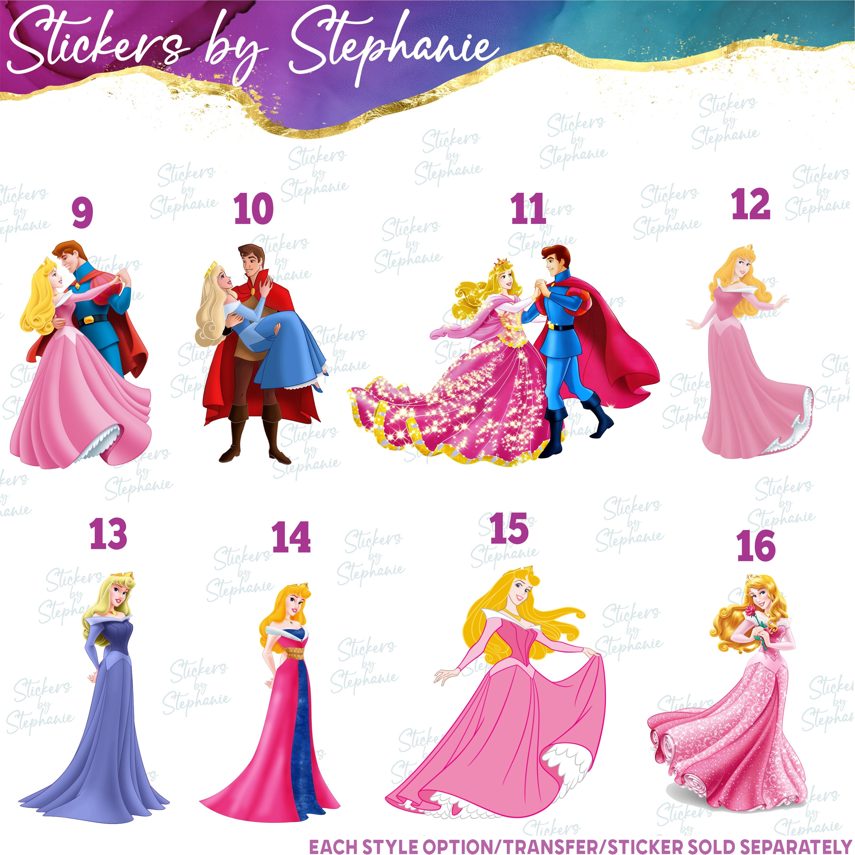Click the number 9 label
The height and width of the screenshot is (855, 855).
click(x=82, y=213)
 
